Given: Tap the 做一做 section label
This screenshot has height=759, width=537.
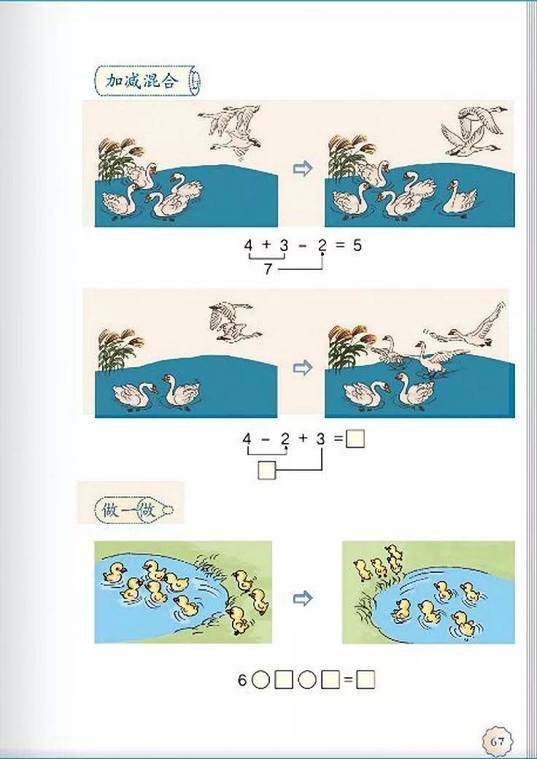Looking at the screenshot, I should (131, 508).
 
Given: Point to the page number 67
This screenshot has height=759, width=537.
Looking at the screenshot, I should (497, 741).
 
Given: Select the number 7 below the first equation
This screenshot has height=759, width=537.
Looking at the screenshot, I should (268, 269).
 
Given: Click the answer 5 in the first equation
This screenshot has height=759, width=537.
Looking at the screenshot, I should (357, 246).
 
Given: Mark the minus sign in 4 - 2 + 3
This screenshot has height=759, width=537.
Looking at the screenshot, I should (266, 439).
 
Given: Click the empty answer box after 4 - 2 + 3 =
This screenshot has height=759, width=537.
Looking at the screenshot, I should (355, 439).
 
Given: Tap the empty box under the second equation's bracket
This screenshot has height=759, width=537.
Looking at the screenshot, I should (267, 471).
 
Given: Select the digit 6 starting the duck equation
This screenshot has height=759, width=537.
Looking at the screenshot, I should (242, 681).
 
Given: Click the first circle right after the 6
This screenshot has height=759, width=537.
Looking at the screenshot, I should (261, 681).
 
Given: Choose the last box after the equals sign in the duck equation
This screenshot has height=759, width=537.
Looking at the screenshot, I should (366, 681).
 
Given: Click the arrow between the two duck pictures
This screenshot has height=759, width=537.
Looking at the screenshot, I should (302, 599).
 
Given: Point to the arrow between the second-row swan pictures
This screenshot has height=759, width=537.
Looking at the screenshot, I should (302, 368).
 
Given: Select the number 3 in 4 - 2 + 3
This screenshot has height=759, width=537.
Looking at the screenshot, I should (320, 439).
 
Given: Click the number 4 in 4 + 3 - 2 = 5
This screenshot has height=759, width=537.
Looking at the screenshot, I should (248, 246).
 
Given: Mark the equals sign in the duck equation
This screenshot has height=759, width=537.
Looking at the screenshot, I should (348, 681).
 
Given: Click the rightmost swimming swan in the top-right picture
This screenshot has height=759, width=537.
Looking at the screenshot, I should (460, 197).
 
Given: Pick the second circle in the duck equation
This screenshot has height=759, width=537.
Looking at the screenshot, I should (307, 681).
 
